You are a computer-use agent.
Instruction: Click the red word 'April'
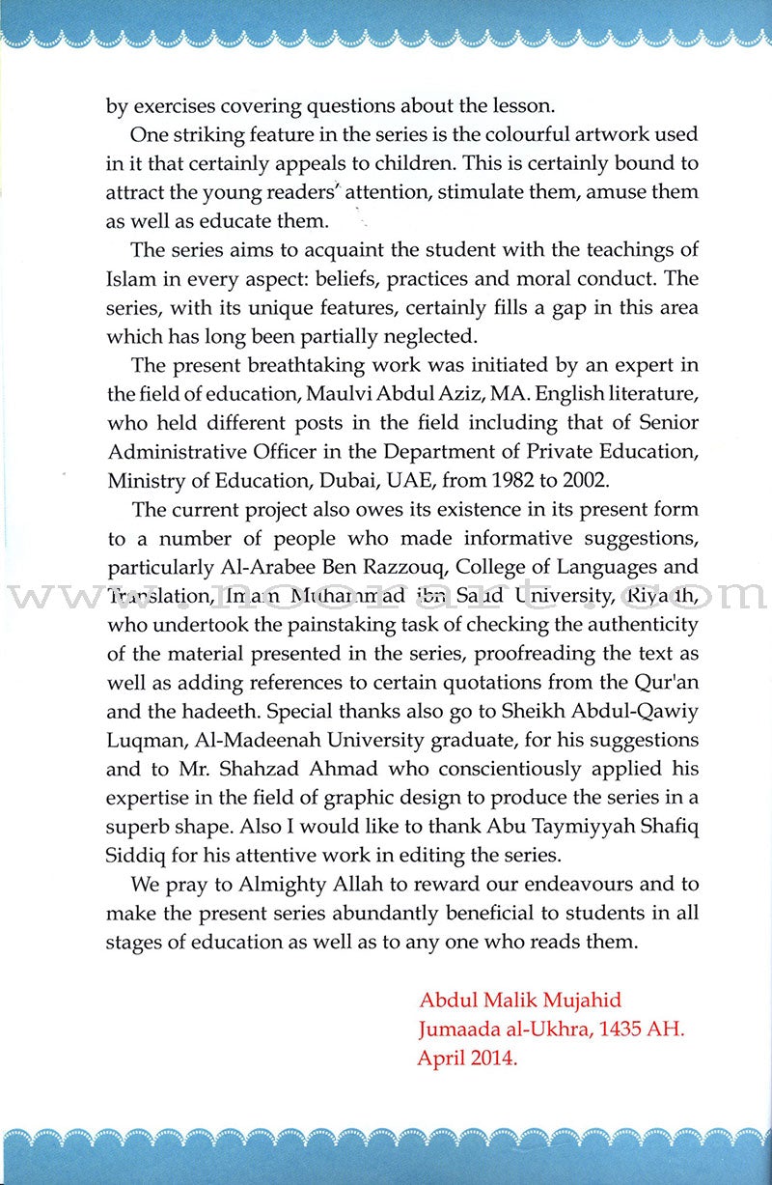click(441, 1058)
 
